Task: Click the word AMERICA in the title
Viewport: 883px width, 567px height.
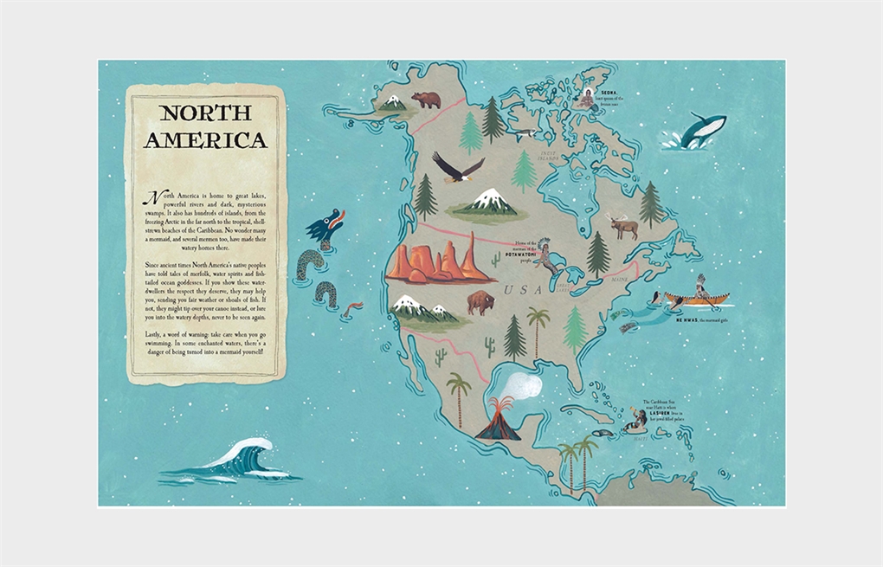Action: click(x=205, y=140)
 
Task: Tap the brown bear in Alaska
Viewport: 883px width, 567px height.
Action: click(x=426, y=100)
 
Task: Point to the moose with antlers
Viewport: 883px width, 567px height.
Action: click(x=623, y=226)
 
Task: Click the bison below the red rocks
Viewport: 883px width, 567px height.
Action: click(x=480, y=302)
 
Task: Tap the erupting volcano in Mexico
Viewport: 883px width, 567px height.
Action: click(x=496, y=421)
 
